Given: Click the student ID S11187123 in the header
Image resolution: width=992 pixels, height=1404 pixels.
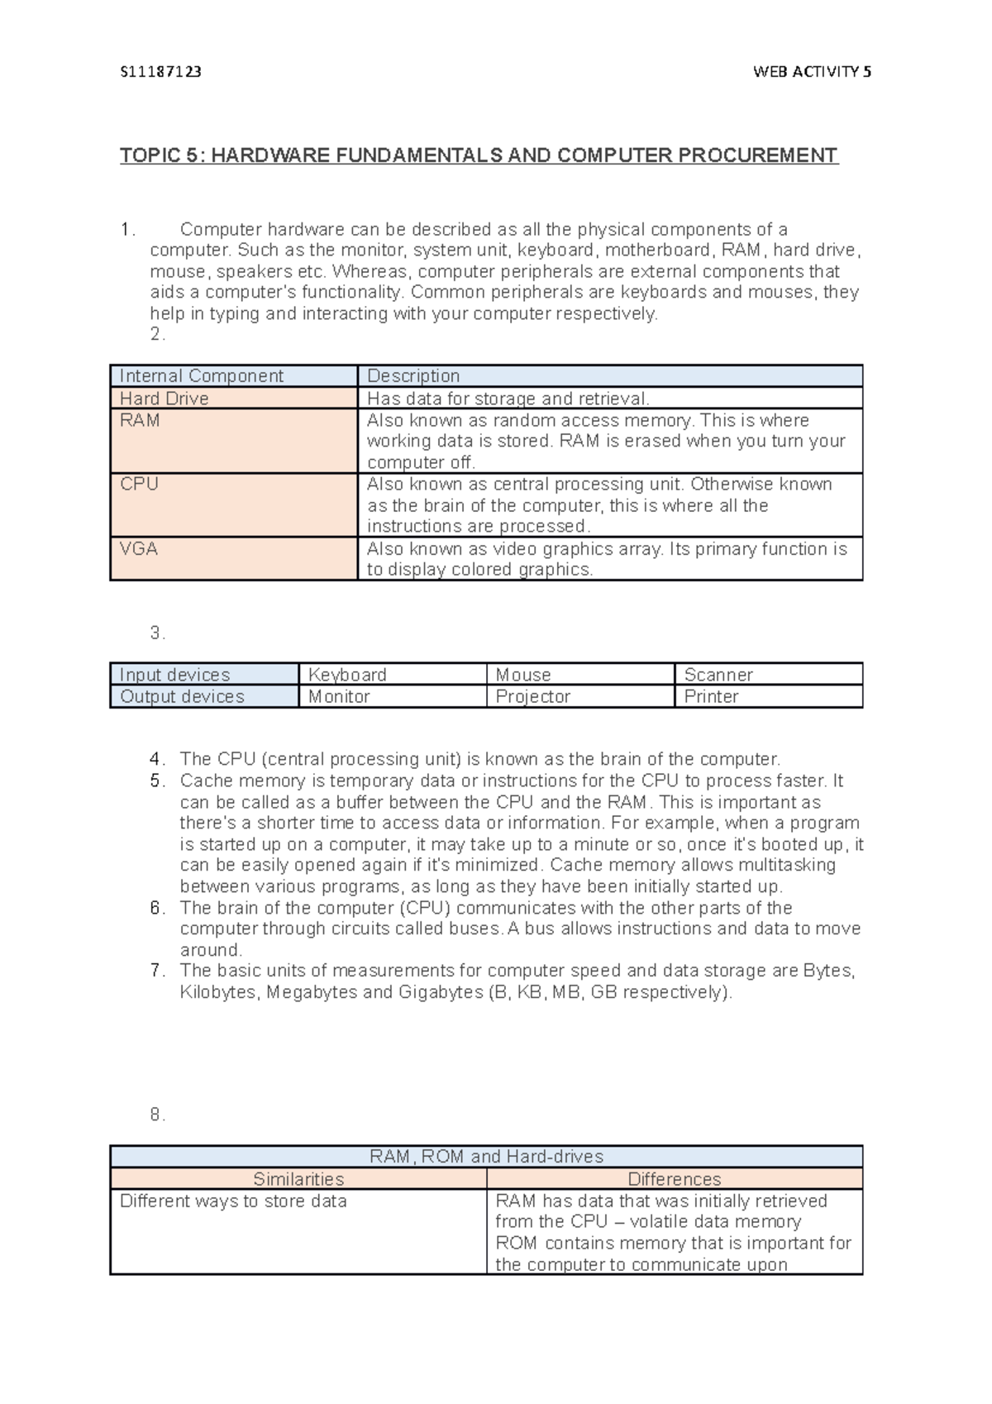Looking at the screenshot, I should pos(160,72).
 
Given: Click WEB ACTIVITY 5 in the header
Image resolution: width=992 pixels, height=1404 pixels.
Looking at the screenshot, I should pos(812,72).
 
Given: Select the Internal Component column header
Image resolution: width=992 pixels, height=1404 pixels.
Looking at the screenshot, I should pos(201,376).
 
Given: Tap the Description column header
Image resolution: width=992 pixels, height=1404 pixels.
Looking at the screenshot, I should pos(413,376).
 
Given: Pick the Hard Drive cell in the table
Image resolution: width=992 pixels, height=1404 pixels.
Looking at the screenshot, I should pos(164,399).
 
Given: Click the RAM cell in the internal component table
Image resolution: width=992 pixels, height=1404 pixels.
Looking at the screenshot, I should pos(140,421).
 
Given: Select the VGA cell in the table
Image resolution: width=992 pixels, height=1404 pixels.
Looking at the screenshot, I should pos(139,549).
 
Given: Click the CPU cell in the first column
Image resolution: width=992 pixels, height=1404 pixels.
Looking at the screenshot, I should pos(139,485).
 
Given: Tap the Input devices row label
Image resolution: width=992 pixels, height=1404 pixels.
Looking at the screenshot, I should pos(174,675).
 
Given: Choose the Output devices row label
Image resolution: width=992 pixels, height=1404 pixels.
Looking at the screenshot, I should pos(182,697).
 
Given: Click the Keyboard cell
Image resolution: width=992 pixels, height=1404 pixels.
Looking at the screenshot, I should pos(347,675).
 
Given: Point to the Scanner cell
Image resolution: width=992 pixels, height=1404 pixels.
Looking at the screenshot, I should pos(718,675).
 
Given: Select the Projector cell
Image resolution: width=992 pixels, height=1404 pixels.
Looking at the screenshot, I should pos(532,697).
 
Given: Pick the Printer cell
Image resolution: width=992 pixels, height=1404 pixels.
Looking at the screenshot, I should pos(711,697).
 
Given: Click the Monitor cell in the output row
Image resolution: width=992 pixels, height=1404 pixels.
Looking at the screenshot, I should pos(339,697).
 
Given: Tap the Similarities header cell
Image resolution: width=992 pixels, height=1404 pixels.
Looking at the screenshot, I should pos(298,1179).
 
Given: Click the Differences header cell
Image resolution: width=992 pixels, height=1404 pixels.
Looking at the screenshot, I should pos(675,1179).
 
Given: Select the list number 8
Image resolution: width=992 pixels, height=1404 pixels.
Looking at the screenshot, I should pos(157,1115).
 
